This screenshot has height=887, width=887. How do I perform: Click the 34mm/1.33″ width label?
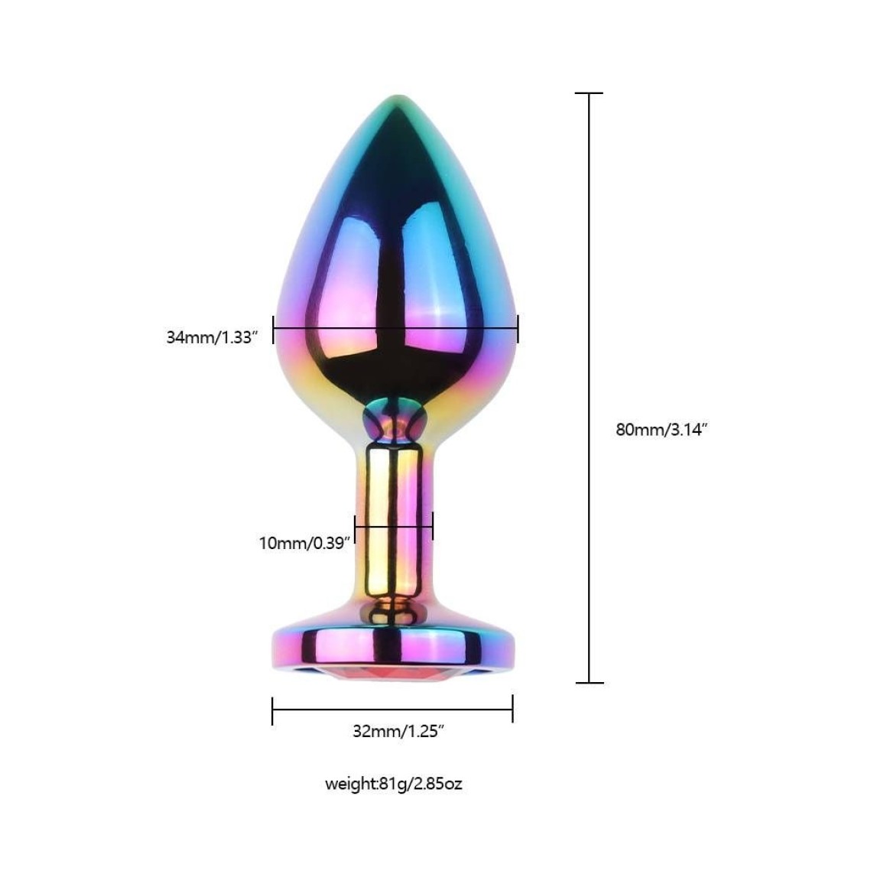point(212,337)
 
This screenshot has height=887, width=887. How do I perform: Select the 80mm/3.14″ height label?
point(661,430)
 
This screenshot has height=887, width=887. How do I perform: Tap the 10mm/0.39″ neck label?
point(305,543)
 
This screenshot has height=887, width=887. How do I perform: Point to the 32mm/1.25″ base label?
point(398,731)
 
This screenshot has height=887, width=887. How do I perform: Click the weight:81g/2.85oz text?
point(394,784)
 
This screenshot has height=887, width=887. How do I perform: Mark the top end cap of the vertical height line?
point(589,93)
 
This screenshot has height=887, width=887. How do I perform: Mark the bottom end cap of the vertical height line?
point(589,683)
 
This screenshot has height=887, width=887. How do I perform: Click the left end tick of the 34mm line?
point(273,330)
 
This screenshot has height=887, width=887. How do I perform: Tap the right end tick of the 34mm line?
point(518,330)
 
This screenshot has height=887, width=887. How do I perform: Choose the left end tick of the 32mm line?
point(272,710)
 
